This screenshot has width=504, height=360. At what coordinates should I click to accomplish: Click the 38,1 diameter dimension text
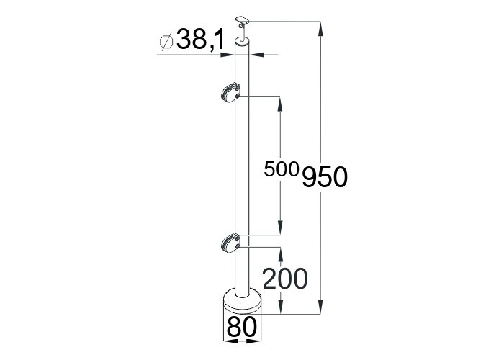coord(200,40)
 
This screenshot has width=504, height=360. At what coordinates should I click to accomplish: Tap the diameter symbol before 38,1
coord(166,42)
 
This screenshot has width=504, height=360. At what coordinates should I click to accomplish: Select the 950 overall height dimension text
coord(325,177)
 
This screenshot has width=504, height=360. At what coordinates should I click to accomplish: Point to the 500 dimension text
coord(282,169)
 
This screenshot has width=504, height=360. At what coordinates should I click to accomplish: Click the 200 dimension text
coord(285,279)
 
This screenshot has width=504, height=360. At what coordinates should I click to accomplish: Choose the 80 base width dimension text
coord(242,327)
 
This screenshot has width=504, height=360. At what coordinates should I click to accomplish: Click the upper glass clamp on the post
coord(230,93)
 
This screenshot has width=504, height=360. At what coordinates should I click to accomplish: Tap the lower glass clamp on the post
coord(230,243)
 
